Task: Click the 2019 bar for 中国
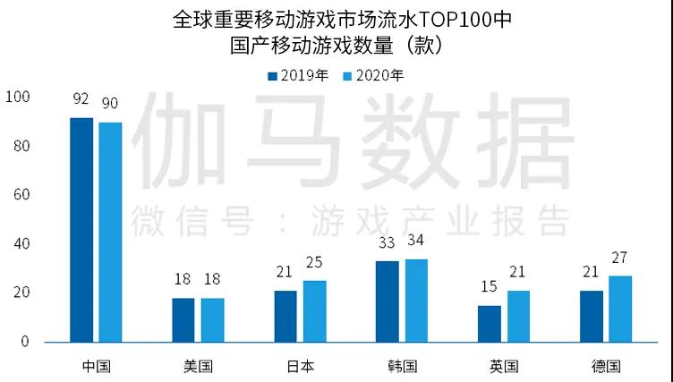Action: tap(81, 229)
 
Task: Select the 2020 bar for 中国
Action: tap(110, 232)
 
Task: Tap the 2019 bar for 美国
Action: tap(183, 319)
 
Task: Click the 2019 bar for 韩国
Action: tap(388, 301)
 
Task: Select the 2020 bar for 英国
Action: tap(518, 316)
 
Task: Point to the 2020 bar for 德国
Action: tap(620, 309)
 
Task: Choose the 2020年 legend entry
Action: tap(374, 75)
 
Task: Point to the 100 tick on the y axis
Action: tap(18, 97)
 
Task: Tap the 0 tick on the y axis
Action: tap(25, 342)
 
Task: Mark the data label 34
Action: tap(416, 242)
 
